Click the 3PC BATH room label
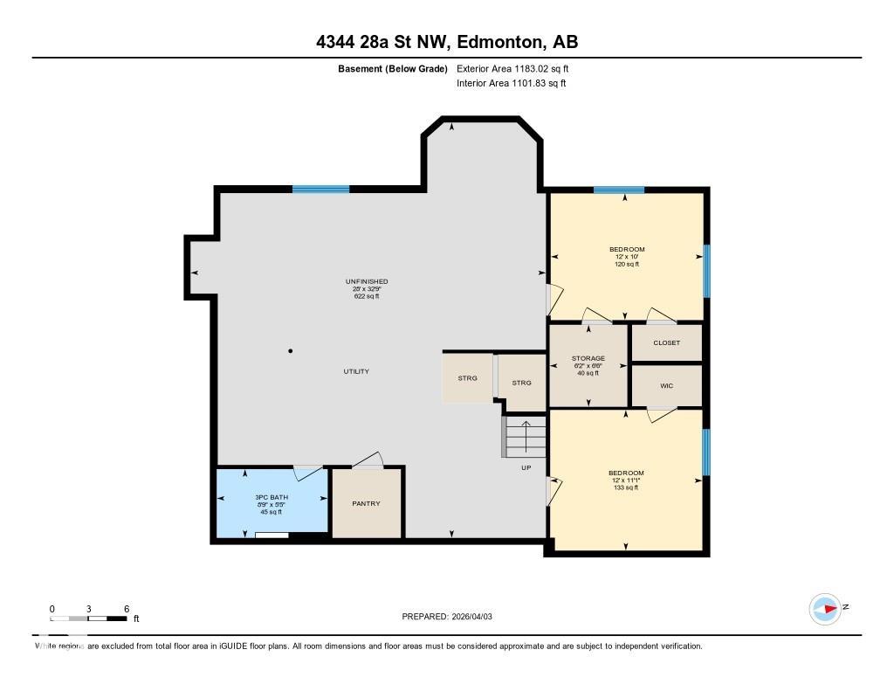[272, 504]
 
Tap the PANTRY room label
[366, 503]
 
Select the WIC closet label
[666, 385]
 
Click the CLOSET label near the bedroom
[666, 342]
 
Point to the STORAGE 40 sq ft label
[588, 365]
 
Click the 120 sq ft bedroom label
[627, 257]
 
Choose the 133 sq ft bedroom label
[625, 480]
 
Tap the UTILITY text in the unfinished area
[356, 371]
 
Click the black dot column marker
[291, 351]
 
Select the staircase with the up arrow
[524, 436]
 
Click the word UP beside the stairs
[526, 467]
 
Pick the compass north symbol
[826, 608]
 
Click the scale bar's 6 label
[127, 608]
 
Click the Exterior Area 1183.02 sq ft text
[512, 68]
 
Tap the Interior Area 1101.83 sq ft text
[511, 83]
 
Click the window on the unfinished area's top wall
[320, 189]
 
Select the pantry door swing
[368, 460]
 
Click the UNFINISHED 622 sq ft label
[366, 288]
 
